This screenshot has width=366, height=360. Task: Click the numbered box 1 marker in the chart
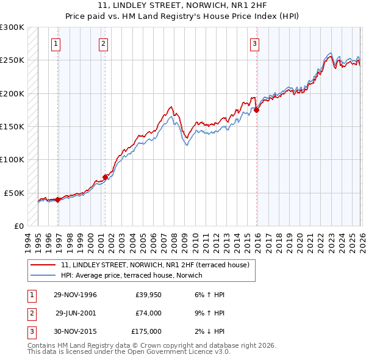tap(56, 43)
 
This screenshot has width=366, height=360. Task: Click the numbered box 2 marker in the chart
tap(103, 43)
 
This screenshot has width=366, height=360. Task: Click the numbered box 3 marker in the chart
tap(254, 43)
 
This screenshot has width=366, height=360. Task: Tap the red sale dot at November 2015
tap(257, 110)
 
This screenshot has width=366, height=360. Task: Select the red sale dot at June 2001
tap(106, 177)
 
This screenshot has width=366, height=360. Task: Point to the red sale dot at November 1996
tap(58, 200)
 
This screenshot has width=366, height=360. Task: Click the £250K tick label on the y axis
tap(12, 60)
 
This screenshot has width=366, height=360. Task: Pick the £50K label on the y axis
tap(15, 193)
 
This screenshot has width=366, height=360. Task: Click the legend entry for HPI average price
tap(135, 275)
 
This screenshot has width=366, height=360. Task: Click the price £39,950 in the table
tap(146, 295)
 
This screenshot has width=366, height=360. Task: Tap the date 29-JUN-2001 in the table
tap(76, 313)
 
